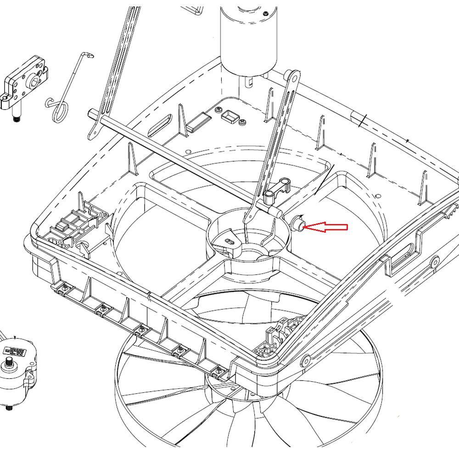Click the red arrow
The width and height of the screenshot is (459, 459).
327,227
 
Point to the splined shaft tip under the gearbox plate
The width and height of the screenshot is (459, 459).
16,119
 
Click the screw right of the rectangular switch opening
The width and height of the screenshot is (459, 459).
242,122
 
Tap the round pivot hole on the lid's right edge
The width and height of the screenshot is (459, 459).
433,263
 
